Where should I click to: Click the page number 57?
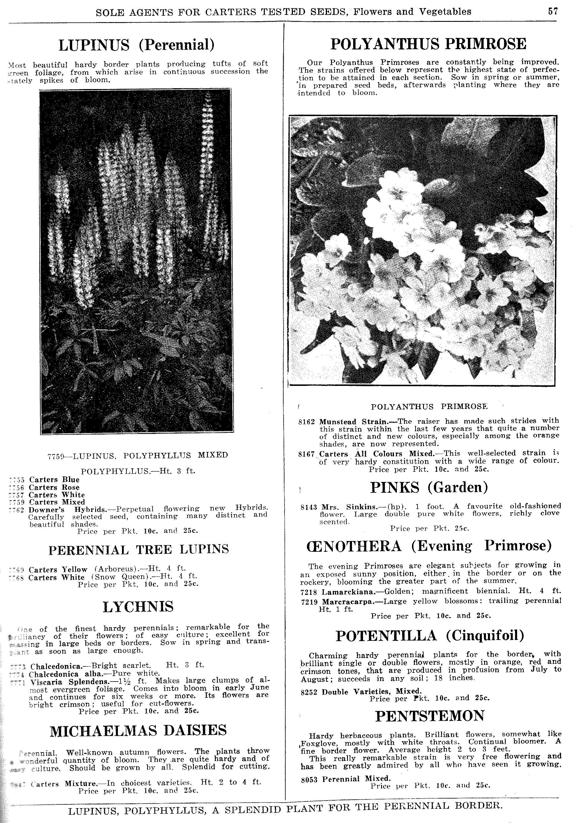(x=553, y=11)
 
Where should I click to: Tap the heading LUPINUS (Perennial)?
(x=136, y=45)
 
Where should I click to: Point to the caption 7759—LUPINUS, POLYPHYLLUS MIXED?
(x=138, y=455)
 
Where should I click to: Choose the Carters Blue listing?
(x=54, y=480)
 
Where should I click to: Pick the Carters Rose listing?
(x=54, y=487)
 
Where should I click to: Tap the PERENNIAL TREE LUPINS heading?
(x=138, y=550)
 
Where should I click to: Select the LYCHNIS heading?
(x=138, y=607)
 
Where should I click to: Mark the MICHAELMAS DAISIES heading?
(x=138, y=730)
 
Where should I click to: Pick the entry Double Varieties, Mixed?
(x=372, y=691)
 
